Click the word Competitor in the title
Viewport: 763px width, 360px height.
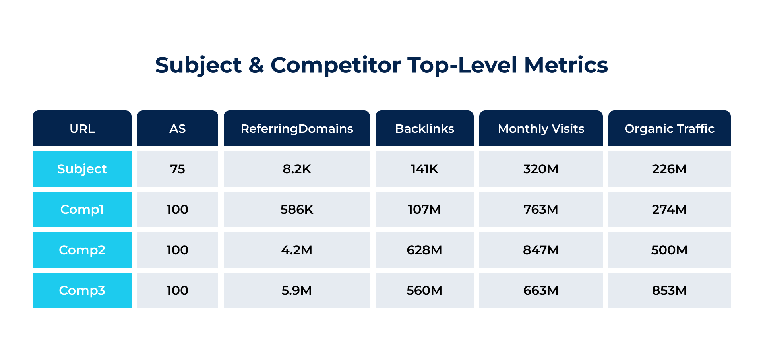pos(335,65)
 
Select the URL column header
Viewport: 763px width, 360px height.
pos(82,129)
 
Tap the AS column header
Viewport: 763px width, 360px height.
pos(177,129)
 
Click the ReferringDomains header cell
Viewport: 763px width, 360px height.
pos(296,129)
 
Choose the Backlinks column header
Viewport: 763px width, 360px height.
pos(424,129)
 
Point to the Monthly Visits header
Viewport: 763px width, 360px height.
pos(541,129)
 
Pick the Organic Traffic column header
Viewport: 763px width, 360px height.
pos(669,129)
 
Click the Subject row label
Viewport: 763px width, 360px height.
pos(82,169)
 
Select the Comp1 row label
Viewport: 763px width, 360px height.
pos(82,209)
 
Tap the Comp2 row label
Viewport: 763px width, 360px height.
pos(82,250)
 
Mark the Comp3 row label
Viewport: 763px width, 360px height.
pos(82,290)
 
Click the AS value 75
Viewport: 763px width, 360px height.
pos(177,169)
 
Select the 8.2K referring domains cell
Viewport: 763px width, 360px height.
pos(296,169)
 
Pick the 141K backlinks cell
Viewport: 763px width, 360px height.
pos(424,169)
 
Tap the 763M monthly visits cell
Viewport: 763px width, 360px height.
pos(541,209)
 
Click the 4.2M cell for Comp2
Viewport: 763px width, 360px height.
pos(296,250)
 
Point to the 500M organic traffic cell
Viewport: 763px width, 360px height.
pos(669,250)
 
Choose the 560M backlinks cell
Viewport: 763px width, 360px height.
pos(424,290)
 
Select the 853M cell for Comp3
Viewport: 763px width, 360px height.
pos(669,290)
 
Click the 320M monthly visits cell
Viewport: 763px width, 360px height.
pos(541,169)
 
